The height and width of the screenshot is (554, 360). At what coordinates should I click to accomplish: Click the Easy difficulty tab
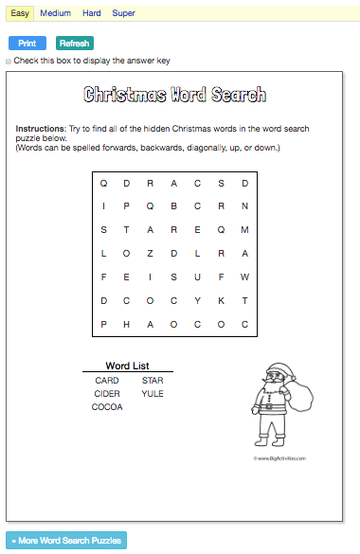pyautogui.click(x=20, y=13)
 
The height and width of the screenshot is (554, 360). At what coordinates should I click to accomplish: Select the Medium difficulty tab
pyautogui.click(x=56, y=13)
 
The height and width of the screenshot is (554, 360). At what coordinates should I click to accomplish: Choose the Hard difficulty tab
pyautogui.click(x=92, y=13)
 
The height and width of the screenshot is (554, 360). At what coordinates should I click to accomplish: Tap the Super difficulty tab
pyautogui.click(x=123, y=13)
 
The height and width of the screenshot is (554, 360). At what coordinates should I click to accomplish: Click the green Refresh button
pyautogui.click(x=75, y=44)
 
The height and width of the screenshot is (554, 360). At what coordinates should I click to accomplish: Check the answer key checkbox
pyautogui.click(x=9, y=61)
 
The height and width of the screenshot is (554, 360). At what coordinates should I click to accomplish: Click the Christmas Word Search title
pyautogui.click(x=174, y=95)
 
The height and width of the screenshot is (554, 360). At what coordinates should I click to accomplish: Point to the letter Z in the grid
pyautogui.click(x=151, y=253)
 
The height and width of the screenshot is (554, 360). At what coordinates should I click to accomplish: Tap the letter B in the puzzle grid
pyautogui.click(x=174, y=206)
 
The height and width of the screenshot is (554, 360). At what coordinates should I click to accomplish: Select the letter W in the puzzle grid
pyautogui.click(x=244, y=277)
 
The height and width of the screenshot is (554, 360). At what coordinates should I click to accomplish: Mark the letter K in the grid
pyautogui.click(x=221, y=300)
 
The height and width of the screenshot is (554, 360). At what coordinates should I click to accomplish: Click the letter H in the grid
pyautogui.click(x=127, y=324)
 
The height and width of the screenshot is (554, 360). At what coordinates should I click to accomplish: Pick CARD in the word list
pyautogui.click(x=107, y=380)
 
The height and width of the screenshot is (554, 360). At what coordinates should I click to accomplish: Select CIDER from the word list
pyautogui.click(x=107, y=393)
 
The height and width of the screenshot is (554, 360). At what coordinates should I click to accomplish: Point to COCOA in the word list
pyautogui.click(x=107, y=406)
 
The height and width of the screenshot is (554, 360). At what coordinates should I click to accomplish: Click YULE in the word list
pyautogui.click(x=153, y=393)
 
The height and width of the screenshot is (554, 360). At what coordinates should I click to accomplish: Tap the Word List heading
pyautogui.click(x=127, y=366)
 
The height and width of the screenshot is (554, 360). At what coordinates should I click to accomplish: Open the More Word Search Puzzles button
pyautogui.click(x=65, y=541)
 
